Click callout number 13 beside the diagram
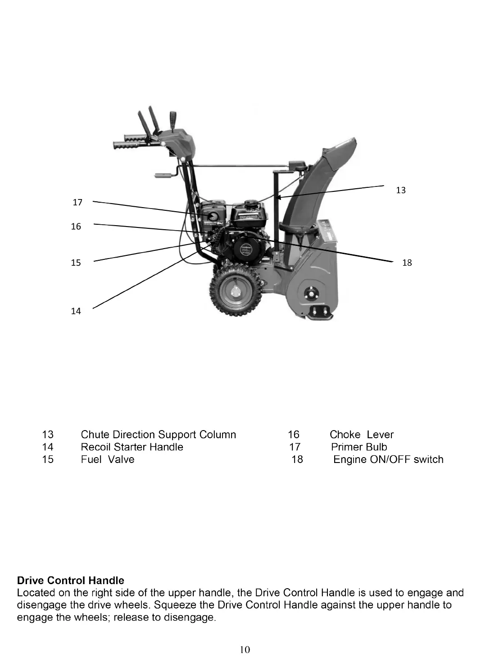[401, 191]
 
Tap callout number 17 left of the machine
[77, 203]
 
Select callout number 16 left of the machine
[76, 227]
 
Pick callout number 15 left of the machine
[76, 263]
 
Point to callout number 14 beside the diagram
[76, 311]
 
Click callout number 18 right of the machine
[407, 263]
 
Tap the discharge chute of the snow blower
[311, 189]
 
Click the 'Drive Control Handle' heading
[70, 581]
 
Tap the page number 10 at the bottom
[245, 649]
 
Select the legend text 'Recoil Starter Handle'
[132, 447]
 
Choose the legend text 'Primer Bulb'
[359, 447]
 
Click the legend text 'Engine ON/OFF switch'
[388, 459]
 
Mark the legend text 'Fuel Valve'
[108, 459]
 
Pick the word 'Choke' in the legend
[345, 435]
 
